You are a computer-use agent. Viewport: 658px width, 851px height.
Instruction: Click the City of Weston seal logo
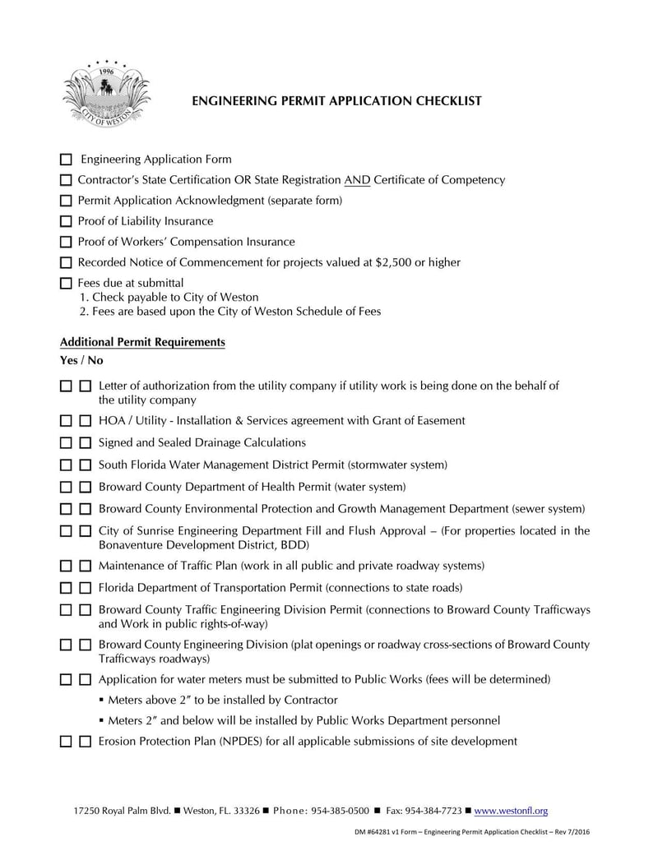pos(105,94)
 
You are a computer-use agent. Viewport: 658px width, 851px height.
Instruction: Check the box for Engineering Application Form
pos(67,160)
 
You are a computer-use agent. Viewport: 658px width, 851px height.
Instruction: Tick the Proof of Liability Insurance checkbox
pos(67,221)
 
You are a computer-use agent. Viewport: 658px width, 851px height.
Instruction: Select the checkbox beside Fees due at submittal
pos(67,284)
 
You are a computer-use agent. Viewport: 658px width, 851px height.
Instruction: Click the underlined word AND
pos(357,180)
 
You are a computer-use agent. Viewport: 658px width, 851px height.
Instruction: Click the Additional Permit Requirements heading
pos(142,342)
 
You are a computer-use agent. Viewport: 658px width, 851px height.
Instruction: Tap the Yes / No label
pos(81,360)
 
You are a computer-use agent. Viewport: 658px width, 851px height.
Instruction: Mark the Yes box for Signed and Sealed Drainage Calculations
pos(67,443)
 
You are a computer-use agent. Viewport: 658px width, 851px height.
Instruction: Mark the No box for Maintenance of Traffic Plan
pos(86,567)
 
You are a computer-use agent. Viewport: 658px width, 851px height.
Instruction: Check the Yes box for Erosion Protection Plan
pos(67,742)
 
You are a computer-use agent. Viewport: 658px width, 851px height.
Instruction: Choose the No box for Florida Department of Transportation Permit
pos(86,589)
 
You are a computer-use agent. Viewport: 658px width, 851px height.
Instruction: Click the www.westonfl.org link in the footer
pos(512,811)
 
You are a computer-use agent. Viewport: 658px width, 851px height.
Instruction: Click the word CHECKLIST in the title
pos(441,101)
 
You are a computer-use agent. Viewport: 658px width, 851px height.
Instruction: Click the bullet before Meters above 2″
pos(100,701)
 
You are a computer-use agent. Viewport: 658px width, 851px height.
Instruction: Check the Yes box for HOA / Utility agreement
pos(67,421)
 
